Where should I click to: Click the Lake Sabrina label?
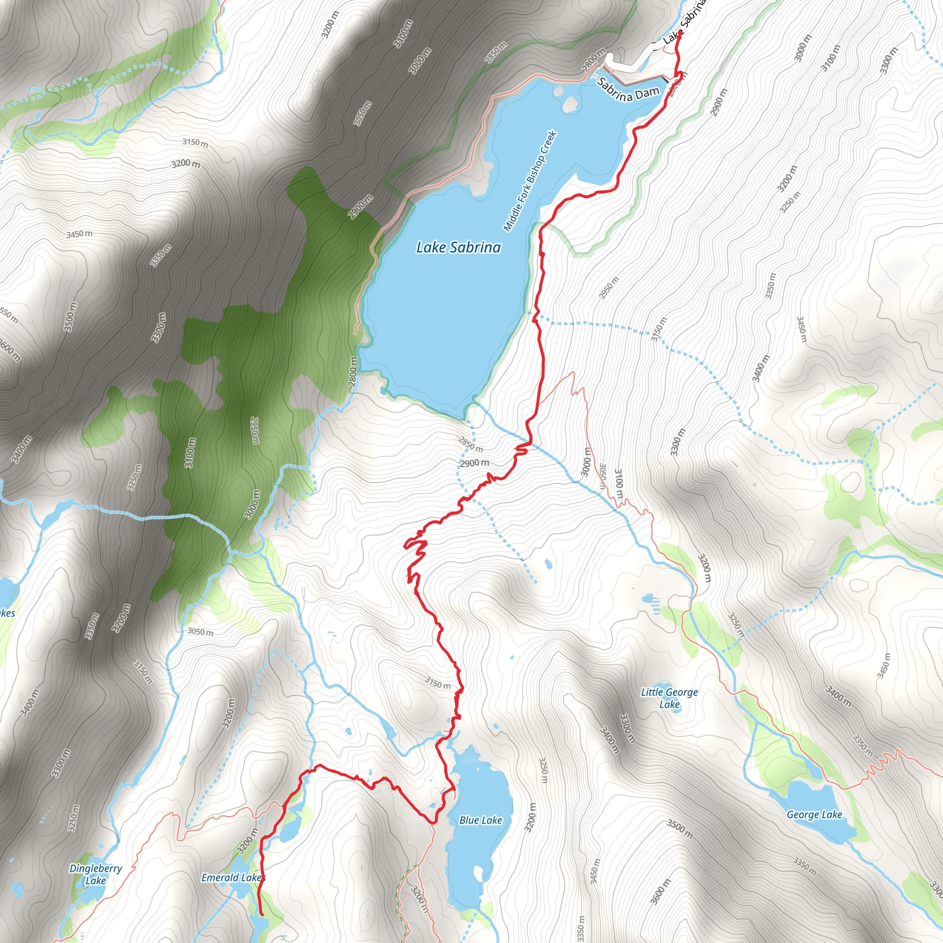[x=458, y=247]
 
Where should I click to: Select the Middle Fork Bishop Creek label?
[x=530, y=180]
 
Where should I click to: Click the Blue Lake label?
[x=480, y=820]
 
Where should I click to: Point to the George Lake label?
[x=814, y=814]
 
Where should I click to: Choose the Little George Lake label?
[x=669, y=698]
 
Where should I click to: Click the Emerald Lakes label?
[x=233, y=878]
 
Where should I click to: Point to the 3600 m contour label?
[x=660, y=891]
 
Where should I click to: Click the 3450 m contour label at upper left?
[x=80, y=234]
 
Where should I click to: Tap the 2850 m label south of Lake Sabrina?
[x=471, y=444]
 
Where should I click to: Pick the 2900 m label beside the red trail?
[x=474, y=463]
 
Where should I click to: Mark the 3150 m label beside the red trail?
[x=437, y=682]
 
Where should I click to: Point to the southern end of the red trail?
[x=262, y=914]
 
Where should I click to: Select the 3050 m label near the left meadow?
[x=200, y=632]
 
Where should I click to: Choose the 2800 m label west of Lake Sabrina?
[x=353, y=373]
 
